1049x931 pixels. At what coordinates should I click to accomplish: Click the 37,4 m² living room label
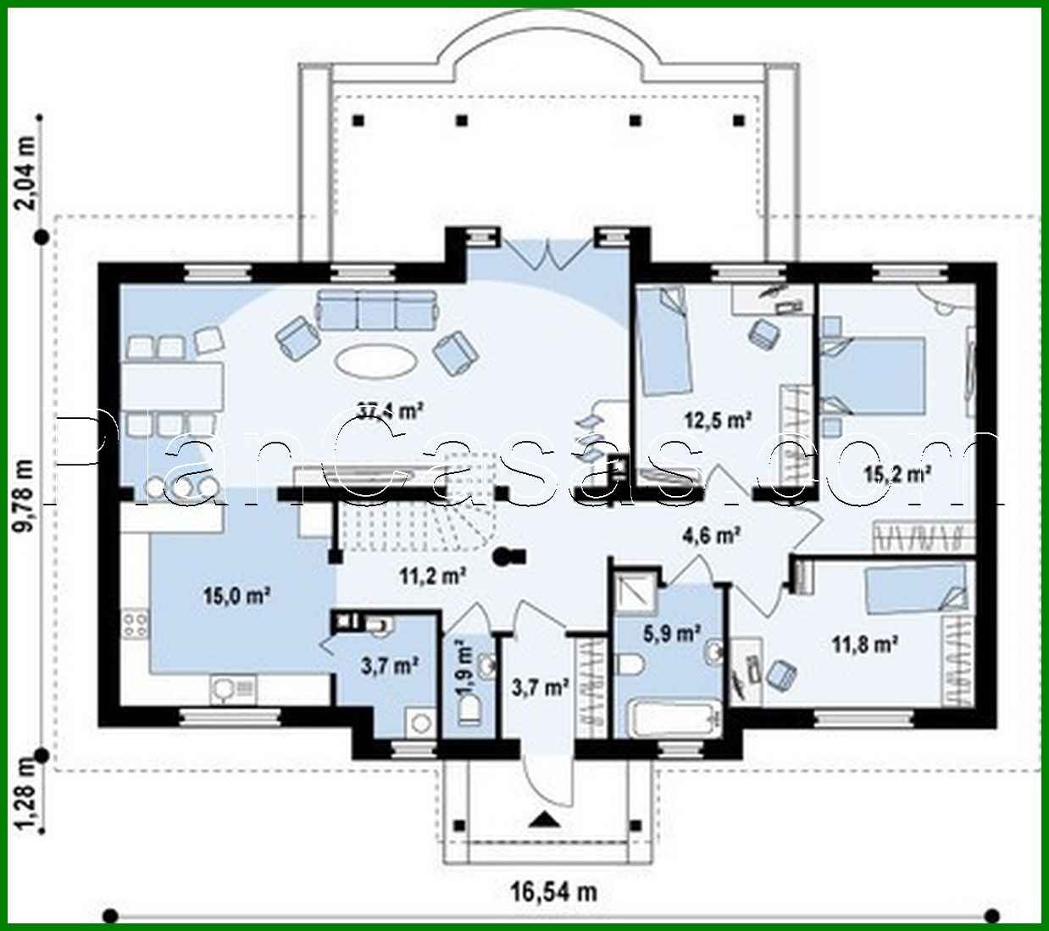(390, 412)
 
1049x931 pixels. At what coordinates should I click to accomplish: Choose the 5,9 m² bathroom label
(671, 633)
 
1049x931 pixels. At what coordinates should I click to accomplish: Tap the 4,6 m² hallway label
(712, 535)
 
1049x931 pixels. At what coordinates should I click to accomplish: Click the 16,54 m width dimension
(552, 891)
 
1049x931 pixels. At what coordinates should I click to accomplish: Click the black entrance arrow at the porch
(543, 820)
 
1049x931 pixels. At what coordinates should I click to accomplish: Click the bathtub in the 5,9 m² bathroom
(673, 719)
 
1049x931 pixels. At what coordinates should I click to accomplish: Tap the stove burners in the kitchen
(136, 626)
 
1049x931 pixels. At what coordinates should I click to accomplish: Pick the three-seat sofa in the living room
(377, 309)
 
